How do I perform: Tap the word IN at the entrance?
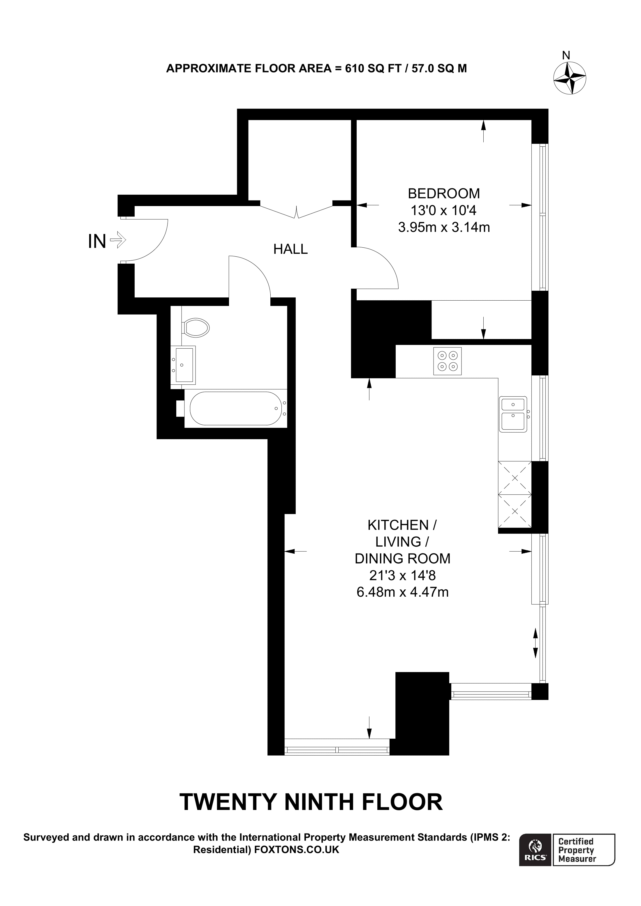tap(97, 241)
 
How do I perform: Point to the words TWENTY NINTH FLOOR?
tap(311, 802)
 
